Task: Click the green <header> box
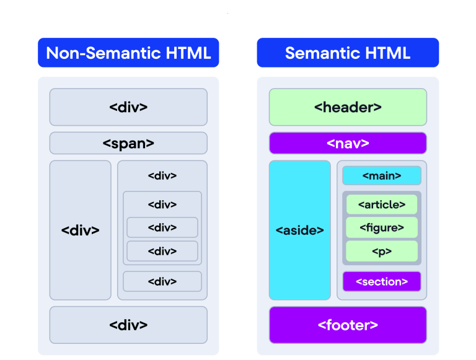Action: pyautogui.click(x=348, y=107)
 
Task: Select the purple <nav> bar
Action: pyautogui.click(x=348, y=143)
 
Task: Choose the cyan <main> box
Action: pyautogui.click(x=381, y=176)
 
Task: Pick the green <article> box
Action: pyautogui.click(x=382, y=204)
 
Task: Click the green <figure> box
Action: pyautogui.click(x=382, y=227)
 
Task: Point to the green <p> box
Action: pyautogui.click(x=382, y=251)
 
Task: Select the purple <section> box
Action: pyautogui.click(x=382, y=281)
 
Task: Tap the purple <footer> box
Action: pyautogui.click(x=348, y=325)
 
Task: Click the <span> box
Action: pyautogui.click(x=128, y=143)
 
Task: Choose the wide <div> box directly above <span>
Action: pyautogui.click(x=128, y=107)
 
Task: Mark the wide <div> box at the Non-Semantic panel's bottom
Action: pyautogui.click(x=128, y=325)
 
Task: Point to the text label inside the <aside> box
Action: pyautogui.click(x=300, y=230)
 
